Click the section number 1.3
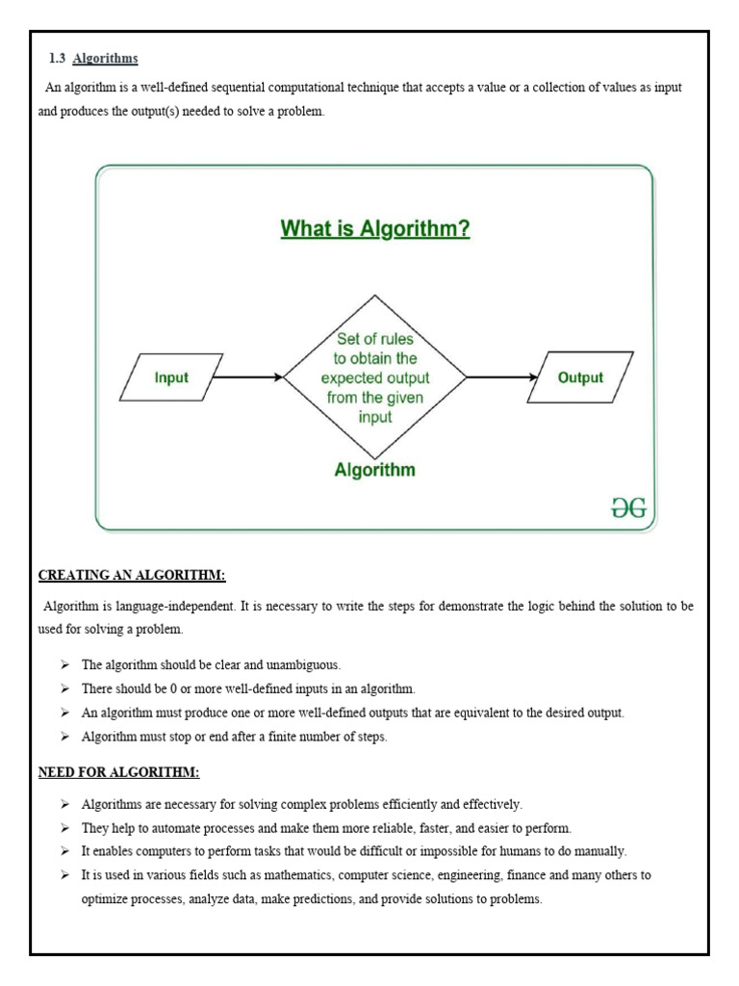pos(57,59)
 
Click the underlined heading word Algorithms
pos(105,59)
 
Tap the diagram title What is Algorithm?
pos(374,229)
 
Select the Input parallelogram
pos(171,377)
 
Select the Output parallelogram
pos(580,377)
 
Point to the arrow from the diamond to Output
pos(500,377)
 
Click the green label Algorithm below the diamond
pos(374,470)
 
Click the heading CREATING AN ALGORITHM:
pos(132,576)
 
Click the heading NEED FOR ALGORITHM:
pos(118,772)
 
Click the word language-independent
pos(166,607)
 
